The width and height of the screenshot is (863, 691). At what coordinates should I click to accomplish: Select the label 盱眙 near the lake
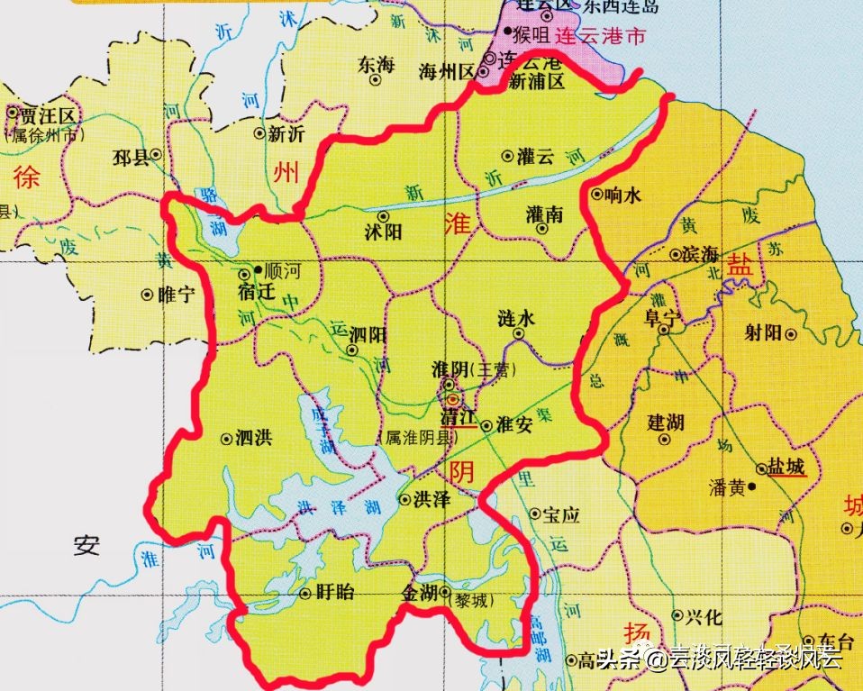337,593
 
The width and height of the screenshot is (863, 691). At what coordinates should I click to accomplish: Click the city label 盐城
786,468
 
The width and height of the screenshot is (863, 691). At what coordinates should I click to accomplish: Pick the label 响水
623,194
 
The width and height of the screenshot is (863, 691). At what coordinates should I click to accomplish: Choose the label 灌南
544,214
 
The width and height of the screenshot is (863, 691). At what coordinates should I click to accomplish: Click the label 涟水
516,318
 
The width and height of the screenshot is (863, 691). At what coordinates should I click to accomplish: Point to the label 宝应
561,514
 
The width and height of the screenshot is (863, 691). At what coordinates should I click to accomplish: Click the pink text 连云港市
598,38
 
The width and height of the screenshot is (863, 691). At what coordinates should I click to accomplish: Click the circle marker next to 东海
376,78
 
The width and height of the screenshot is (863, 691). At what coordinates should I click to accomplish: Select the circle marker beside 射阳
791,333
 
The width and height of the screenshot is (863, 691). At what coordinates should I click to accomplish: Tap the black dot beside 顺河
259,268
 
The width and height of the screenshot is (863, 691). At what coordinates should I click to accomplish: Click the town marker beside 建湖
666,441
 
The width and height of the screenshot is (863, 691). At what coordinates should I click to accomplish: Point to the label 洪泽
431,499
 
